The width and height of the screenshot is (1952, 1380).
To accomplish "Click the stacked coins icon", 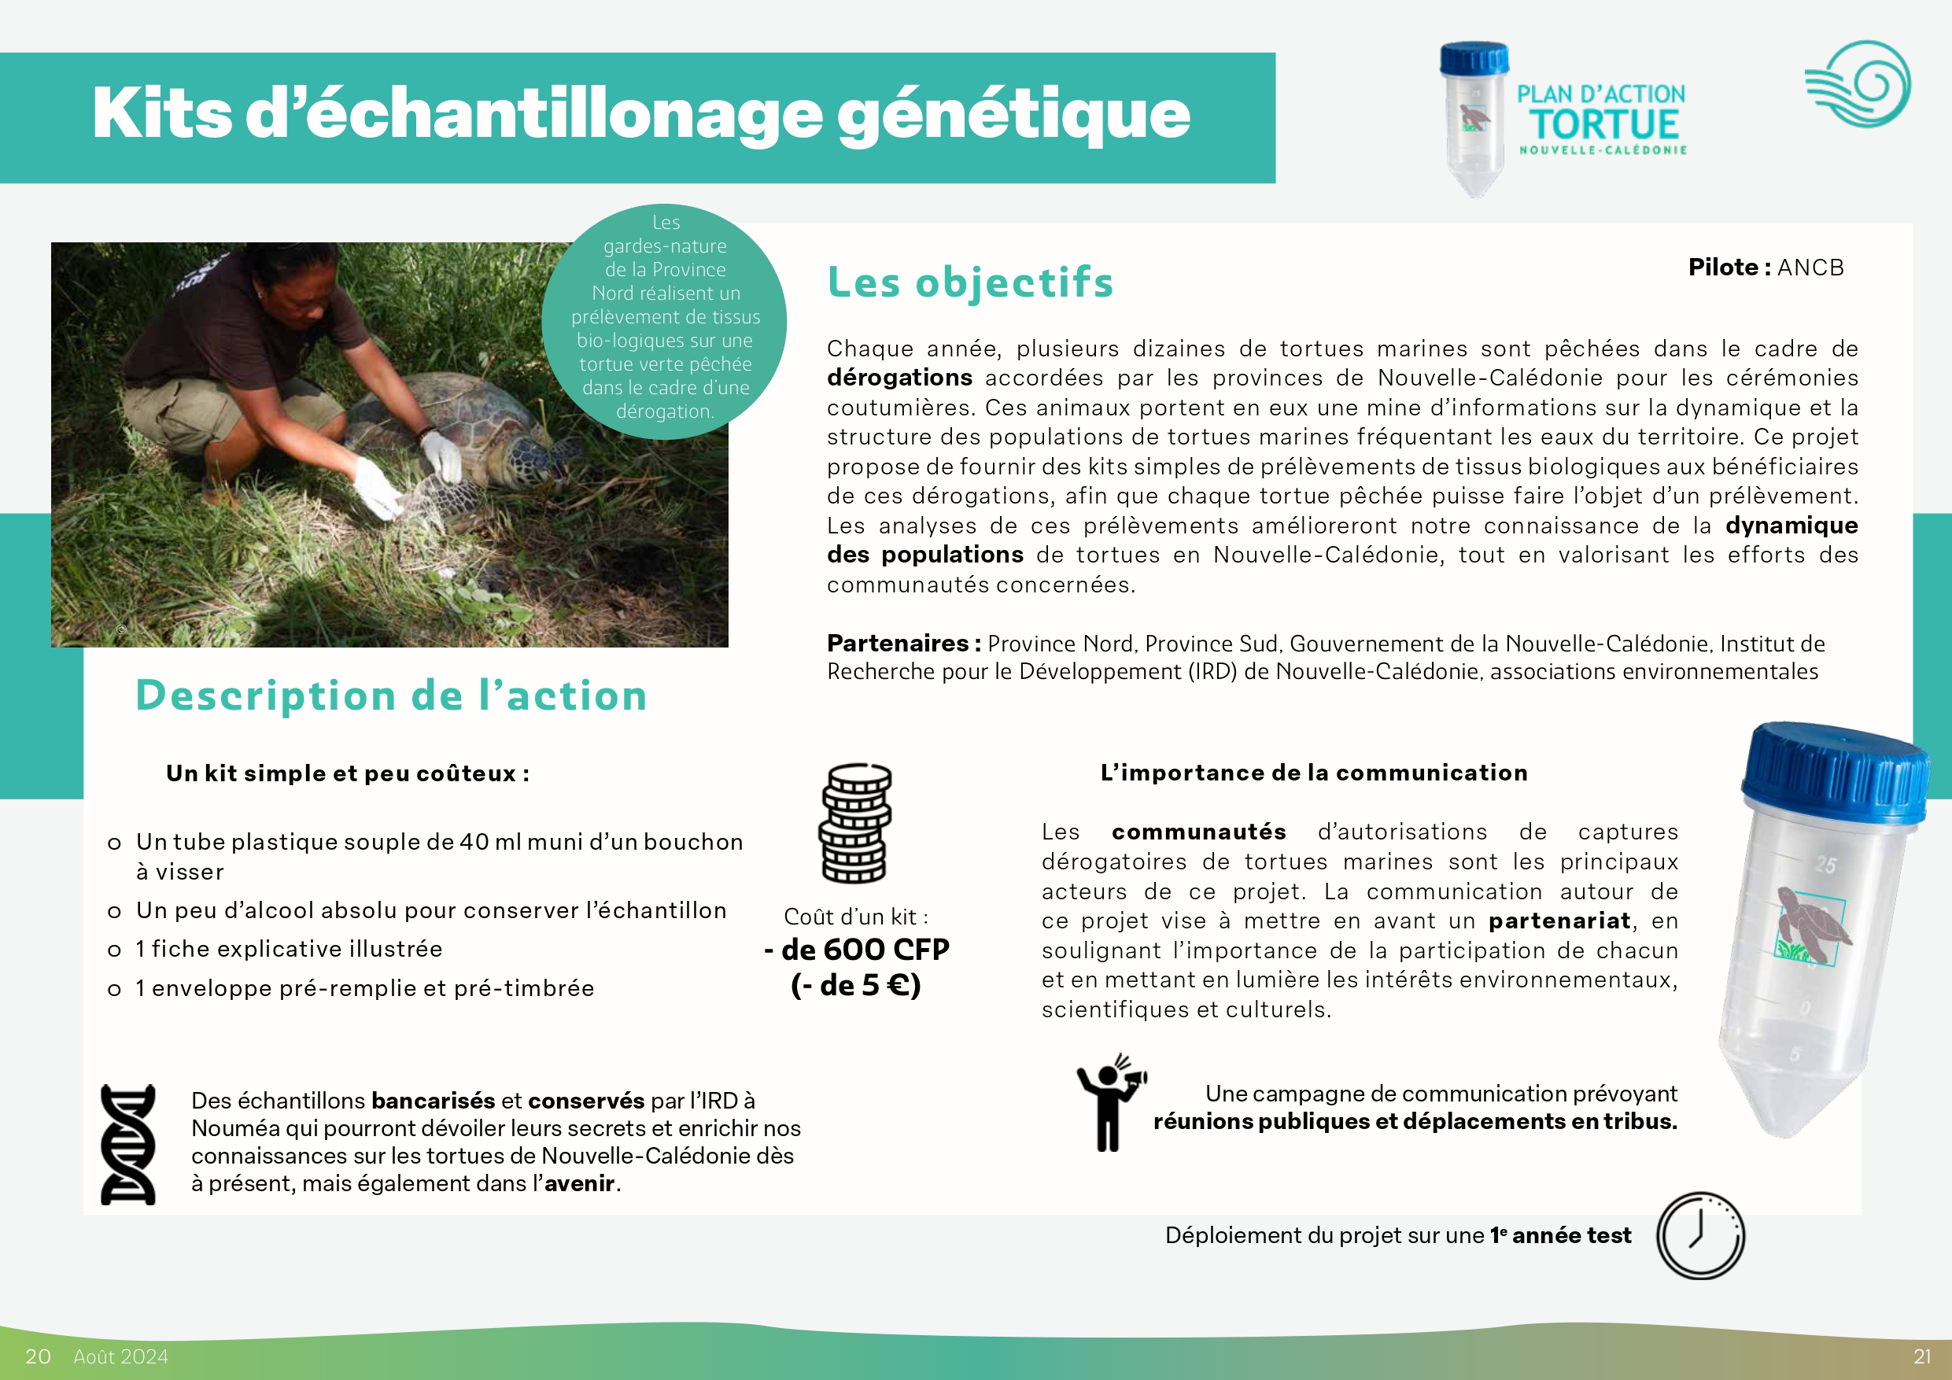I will click(x=854, y=823).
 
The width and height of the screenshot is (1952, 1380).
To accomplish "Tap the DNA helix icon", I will click(x=127, y=1144).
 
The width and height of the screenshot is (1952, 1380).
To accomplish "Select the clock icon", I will click(x=1700, y=1234).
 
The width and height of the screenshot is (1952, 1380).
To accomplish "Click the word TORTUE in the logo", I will click(x=1605, y=124).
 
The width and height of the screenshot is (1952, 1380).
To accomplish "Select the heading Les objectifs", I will click(x=970, y=282).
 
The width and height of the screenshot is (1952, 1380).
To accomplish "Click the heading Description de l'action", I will click(x=391, y=696).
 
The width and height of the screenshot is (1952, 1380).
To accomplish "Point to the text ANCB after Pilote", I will click(x=1810, y=267).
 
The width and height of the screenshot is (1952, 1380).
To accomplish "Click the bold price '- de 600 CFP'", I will click(x=857, y=949).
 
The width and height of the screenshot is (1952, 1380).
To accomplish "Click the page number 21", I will click(x=1921, y=1356).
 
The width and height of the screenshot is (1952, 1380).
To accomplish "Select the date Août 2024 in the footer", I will click(x=120, y=1356).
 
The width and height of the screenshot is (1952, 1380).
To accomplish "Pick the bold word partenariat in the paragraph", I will click(x=1559, y=921).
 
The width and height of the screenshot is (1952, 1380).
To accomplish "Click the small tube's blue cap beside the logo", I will click(x=1474, y=57).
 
